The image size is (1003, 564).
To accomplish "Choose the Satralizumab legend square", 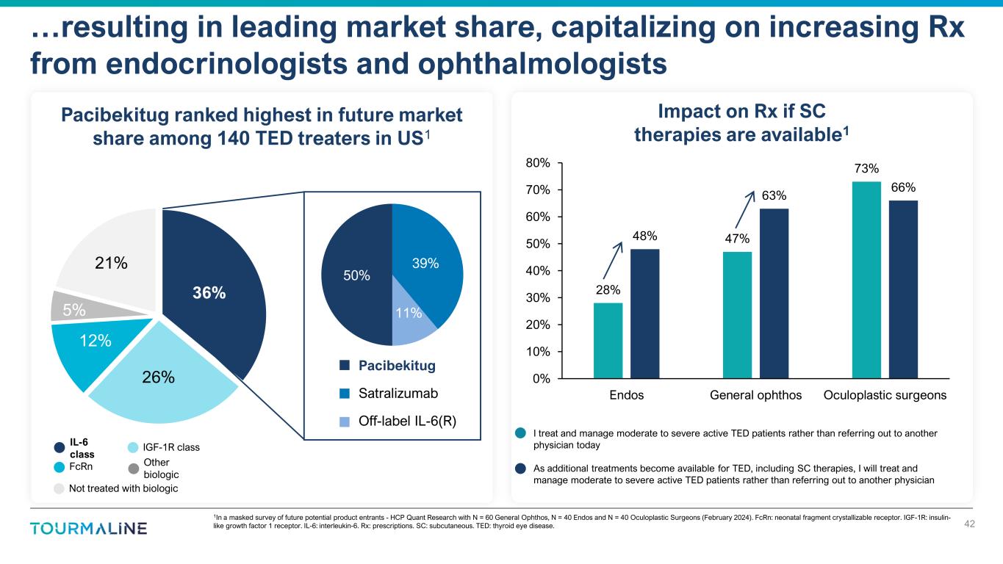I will coord(345,394).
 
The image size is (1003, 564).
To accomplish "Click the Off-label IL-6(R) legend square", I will coord(345,422).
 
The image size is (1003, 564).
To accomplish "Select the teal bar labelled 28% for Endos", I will coord(608,341).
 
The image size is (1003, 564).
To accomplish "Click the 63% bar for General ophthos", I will coord(774,294).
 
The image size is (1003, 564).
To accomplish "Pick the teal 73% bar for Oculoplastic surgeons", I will coord(866,280).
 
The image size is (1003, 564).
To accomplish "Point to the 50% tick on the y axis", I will coord(539,244).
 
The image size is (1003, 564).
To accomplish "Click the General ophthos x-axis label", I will coord(755,395).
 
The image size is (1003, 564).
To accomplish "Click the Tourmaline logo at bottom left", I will coord(89,529).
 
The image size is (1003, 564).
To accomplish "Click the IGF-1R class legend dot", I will coord(132,447).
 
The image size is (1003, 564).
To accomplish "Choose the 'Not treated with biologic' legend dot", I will coord(59,488).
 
